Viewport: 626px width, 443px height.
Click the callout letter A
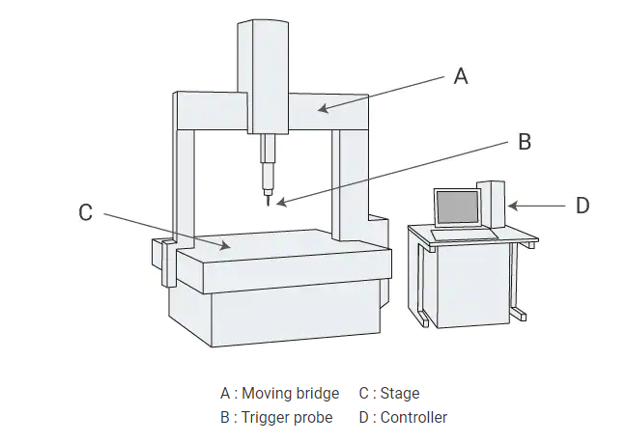coord(461,76)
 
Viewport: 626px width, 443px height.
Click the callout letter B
coord(524,142)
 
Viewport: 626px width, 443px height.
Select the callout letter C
coord(85,212)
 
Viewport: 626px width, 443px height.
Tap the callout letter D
coord(582,206)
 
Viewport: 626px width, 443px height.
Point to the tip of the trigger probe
coord(268,205)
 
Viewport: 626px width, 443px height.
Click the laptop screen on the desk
coord(458,208)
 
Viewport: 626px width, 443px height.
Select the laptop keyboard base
coord(464,234)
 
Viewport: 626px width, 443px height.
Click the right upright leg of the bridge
coord(346,179)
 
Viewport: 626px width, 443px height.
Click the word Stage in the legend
coord(400,394)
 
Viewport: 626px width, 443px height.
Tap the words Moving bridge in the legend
coord(290,394)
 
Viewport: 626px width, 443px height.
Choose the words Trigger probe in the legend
coord(287,418)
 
